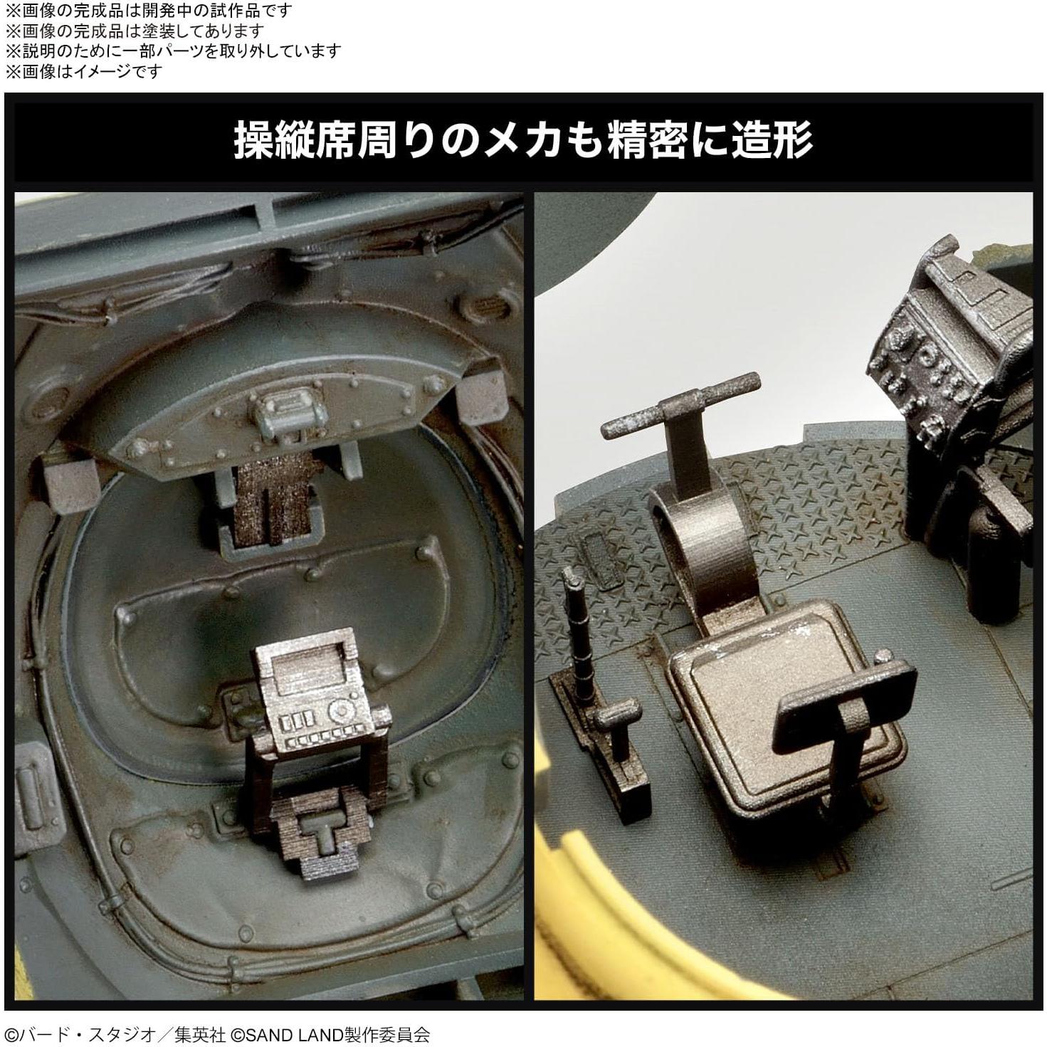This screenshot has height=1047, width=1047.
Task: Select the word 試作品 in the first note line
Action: click(226, 11)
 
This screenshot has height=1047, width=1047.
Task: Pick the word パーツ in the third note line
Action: click(200, 51)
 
